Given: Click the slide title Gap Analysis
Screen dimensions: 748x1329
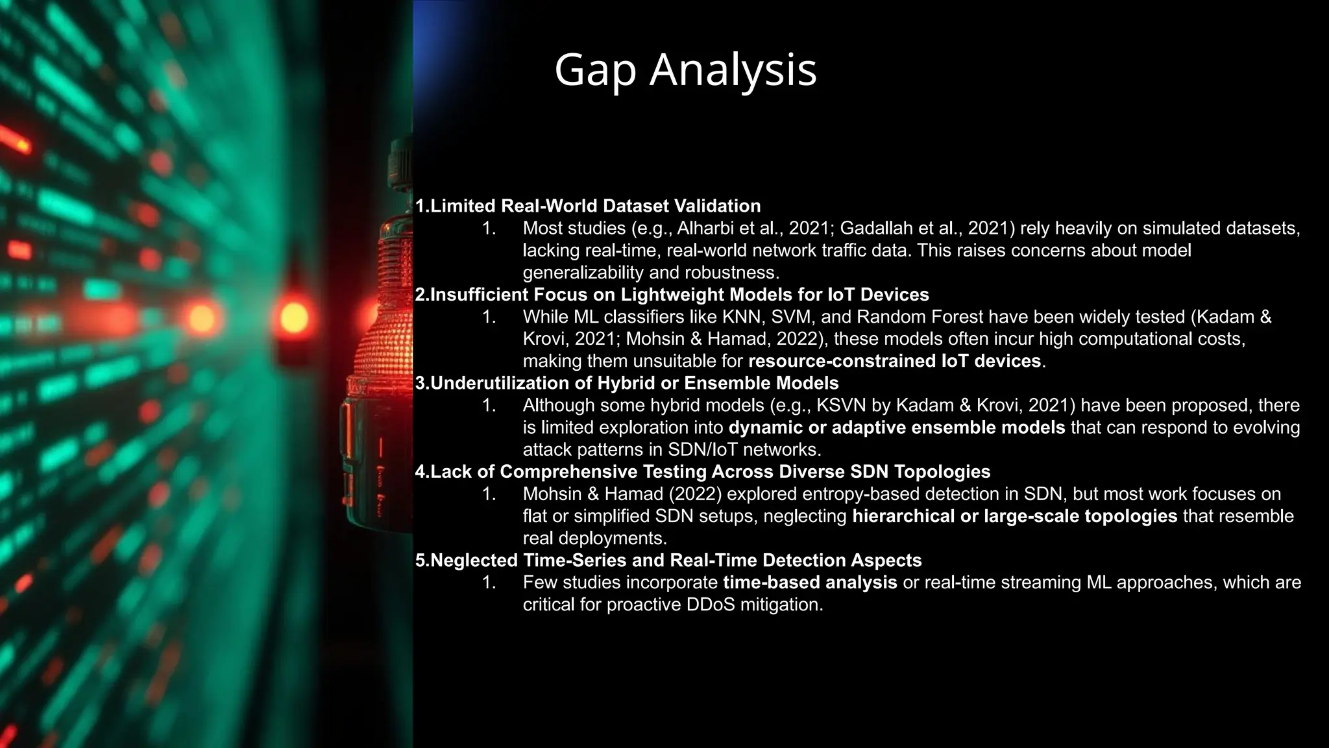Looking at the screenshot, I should [x=685, y=70].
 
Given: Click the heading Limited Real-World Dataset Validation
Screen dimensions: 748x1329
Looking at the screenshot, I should [x=588, y=206].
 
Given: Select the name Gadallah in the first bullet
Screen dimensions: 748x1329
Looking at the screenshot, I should [x=876, y=229].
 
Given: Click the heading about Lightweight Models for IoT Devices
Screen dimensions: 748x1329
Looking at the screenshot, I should [x=672, y=295].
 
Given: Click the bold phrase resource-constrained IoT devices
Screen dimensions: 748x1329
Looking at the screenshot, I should [x=894, y=361].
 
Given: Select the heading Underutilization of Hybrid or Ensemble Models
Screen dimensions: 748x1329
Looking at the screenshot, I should [x=627, y=383].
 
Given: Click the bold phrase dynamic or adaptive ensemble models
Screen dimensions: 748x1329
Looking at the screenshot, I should [x=897, y=428].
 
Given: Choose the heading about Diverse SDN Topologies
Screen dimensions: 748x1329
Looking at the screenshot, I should [x=703, y=472].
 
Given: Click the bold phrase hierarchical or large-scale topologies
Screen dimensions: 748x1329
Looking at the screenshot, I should [x=1014, y=516].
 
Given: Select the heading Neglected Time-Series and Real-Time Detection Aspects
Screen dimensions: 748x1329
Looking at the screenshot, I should [x=668, y=560].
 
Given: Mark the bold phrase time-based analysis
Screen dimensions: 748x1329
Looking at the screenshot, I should [x=810, y=582].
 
